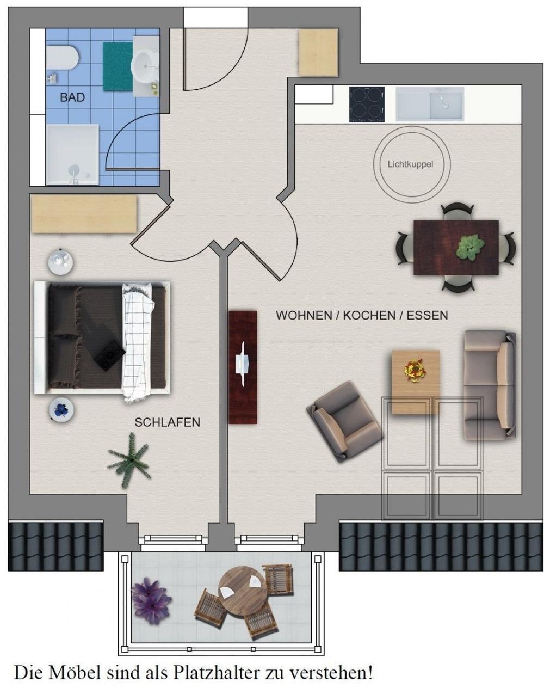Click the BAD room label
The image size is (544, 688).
pyautogui.click(x=72, y=97)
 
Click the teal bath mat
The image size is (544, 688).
pyautogui.click(x=118, y=66)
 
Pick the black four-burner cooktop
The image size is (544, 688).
pyautogui.click(x=367, y=104)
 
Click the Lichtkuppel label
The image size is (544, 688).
pyautogui.click(x=410, y=164)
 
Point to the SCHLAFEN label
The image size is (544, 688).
pyautogui.click(x=167, y=422)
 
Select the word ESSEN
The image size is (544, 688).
pyautogui.click(x=427, y=315)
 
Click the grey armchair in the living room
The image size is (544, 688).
pyautogui.click(x=345, y=422)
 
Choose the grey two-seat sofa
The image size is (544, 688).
pyautogui.click(x=490, y=385)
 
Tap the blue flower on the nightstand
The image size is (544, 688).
pyautogui.click(x=61, y=409)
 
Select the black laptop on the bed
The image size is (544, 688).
pyautogui.click(x=109, y=355)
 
